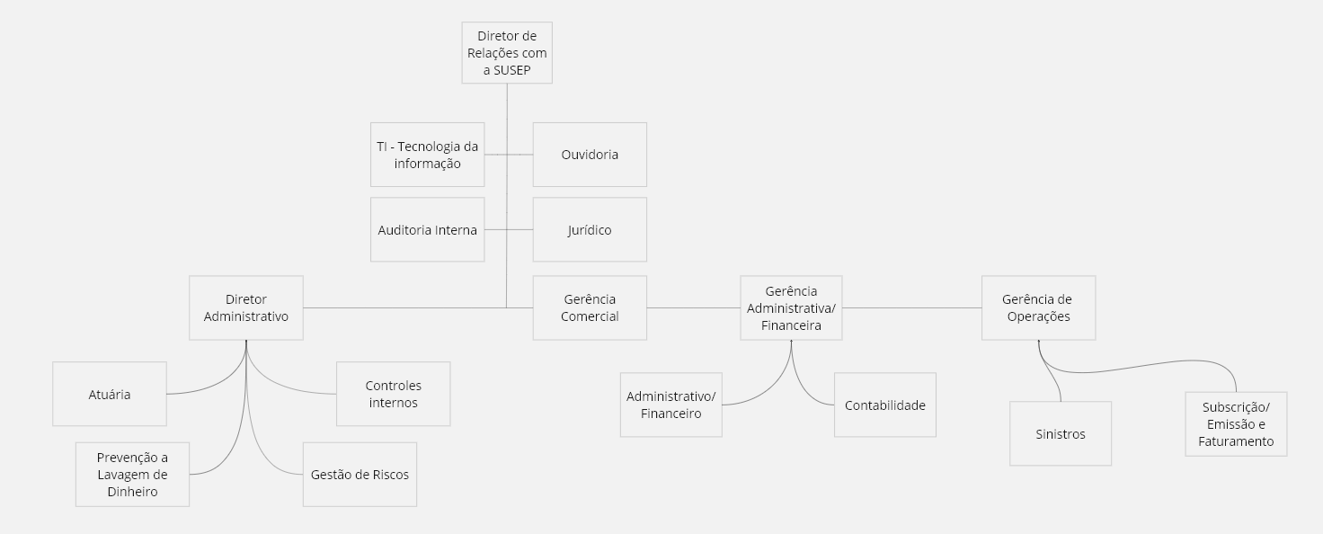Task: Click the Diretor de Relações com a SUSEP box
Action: coord(507,52)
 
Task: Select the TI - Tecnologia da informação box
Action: coord(427,155)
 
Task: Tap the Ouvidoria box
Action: coord(590,155)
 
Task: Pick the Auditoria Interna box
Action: coord(427,230)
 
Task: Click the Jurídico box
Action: coord(590,230)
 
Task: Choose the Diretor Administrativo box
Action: coord(245,307)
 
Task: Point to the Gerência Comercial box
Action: coord(590,307)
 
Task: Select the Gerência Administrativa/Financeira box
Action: coord(791,307)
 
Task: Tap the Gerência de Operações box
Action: coord(1038,307)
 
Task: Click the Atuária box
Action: coord(110,394)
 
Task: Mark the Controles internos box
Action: coord(393,394)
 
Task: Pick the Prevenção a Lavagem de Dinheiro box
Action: coord(132,474)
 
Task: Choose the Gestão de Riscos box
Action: coord(360,474)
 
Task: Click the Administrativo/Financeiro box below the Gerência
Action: coord(670,405)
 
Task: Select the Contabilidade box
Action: coord(884,405)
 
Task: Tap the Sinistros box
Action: coord(1060,433)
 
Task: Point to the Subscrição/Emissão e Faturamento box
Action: coord(1236,423)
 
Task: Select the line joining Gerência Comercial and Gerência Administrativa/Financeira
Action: coord(693,308)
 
